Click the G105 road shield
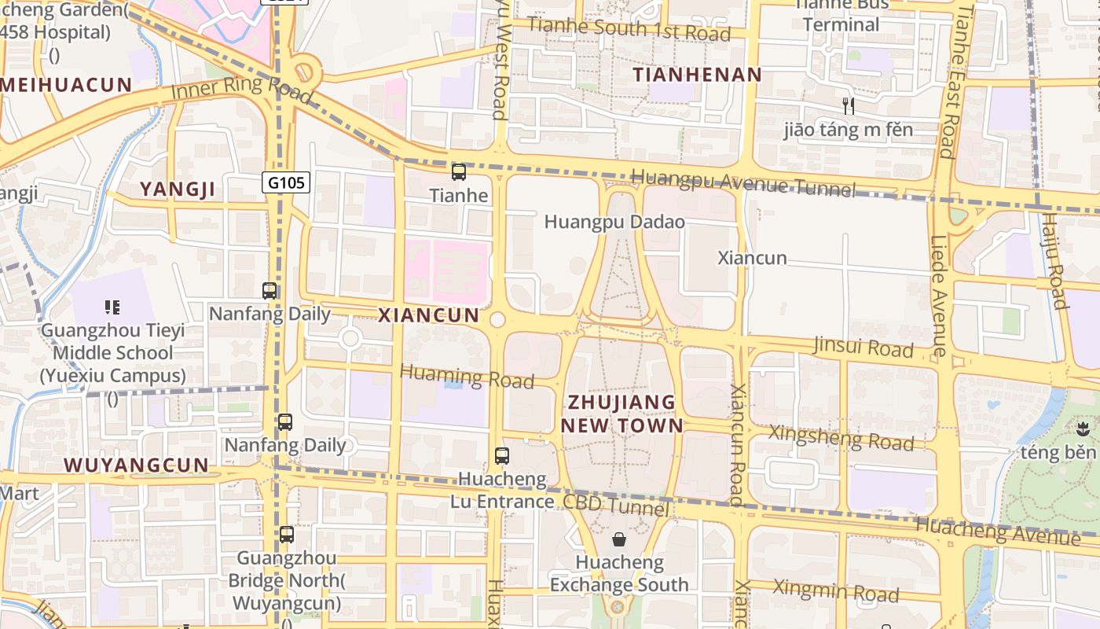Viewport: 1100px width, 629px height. (286, 183)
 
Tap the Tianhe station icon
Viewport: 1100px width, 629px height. (459, 172)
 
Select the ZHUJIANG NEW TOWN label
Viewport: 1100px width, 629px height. (621, 414)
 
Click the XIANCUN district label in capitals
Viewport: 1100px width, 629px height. (428, 315)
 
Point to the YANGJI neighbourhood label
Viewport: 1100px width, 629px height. (177, 189)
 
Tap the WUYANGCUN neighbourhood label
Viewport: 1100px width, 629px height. (137, 465)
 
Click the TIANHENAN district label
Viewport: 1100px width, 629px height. (698, 75)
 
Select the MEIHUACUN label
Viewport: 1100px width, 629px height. (66, 85)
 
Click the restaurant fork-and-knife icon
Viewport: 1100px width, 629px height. (848, 105)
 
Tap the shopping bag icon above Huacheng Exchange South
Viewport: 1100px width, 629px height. (619, 539)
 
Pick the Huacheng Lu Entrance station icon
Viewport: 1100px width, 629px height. (501, 455)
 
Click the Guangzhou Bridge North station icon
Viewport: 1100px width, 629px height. (287, 535)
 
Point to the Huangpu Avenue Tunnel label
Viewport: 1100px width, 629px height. (742, 182)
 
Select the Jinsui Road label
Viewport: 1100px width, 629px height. (863, 346)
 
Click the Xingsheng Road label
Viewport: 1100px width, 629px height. (841, 438)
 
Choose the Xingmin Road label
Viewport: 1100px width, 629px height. (835, 590)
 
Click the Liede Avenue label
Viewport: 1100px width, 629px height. (940, 295)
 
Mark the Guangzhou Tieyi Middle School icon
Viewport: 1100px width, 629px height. (112, 307)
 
